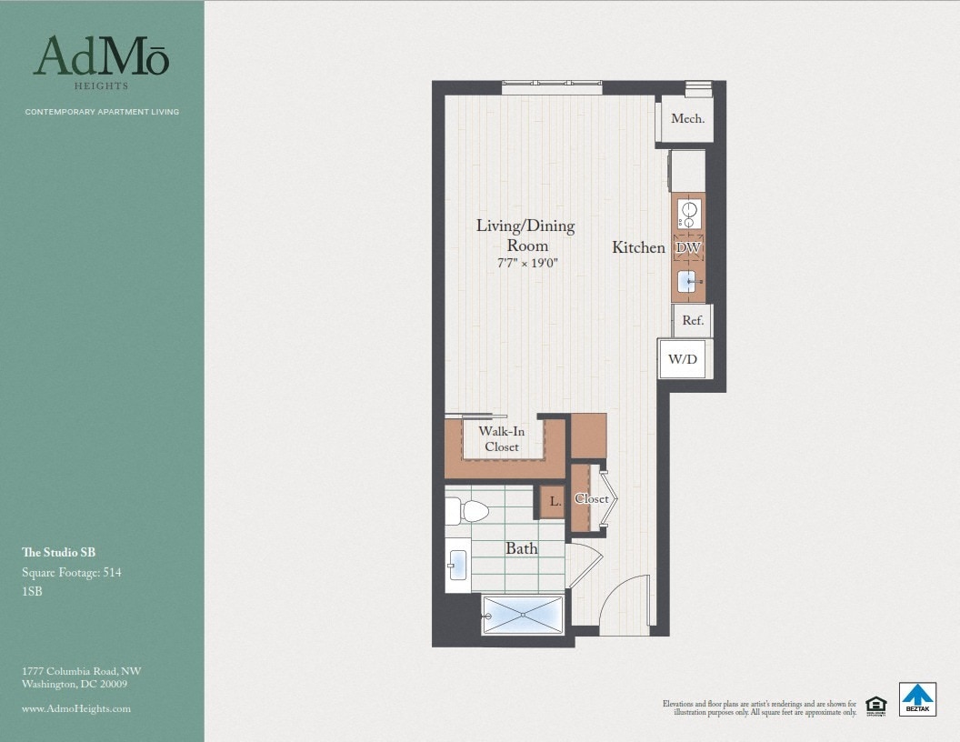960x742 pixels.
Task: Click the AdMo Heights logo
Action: tap(101, 61)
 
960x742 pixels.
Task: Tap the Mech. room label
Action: tap(687, 118)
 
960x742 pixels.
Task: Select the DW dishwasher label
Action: tap(687, 247)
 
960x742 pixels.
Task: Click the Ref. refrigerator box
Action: tap(693, 320)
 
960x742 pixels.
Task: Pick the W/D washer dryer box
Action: tap(684, 359)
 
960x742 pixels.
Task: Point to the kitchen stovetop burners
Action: tap(688, 215)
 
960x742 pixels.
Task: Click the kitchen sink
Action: tap(688, 282)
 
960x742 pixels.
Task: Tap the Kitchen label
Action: tap(638, 247)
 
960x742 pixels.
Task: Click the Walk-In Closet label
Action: tap(502, 439)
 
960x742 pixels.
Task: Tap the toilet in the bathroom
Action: tap(467, 511)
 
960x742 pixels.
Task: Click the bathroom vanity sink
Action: tap(457, 565)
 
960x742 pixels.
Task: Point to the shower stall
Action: tap(523, 615)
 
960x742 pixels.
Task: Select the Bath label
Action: tap(522, 548)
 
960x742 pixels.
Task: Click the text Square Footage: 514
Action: tap(72, 572)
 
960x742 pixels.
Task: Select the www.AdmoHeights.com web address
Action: tap(76, 708)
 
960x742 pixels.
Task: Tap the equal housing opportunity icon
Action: tap(875, 705)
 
